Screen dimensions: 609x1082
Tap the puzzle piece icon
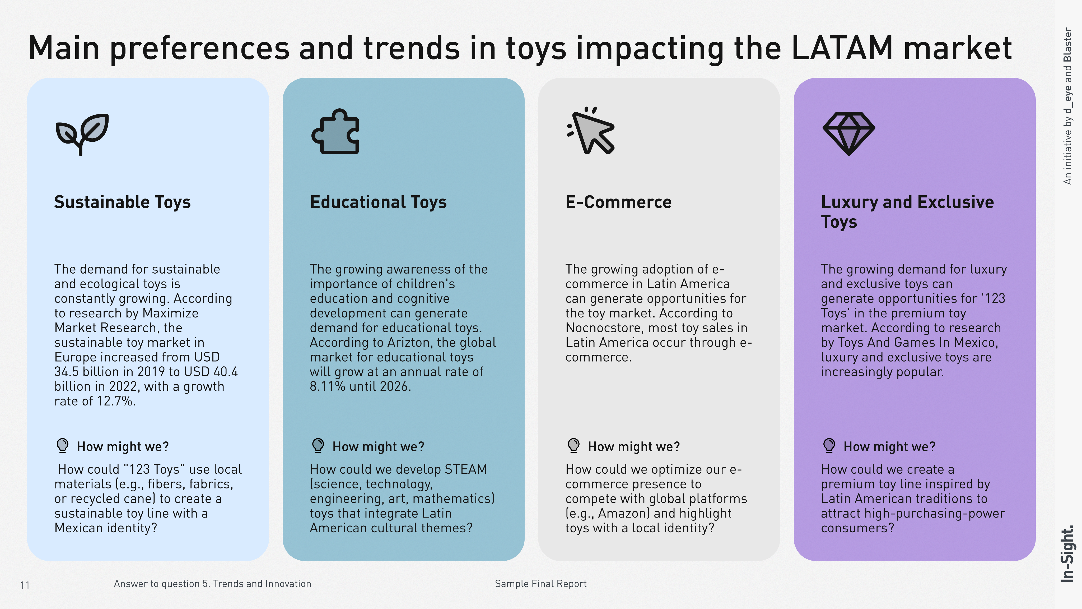tap(335, 132)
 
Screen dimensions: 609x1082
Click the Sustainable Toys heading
tap(122, 202)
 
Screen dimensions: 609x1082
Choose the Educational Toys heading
tap(378, 202)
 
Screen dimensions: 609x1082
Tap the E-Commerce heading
tap(618, 202)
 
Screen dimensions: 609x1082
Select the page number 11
tap(25, 585)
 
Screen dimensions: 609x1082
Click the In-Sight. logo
tap(1067, 554)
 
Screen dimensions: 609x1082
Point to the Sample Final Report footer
tap(540, 584)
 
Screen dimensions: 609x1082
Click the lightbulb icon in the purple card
tap(829, 445)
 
